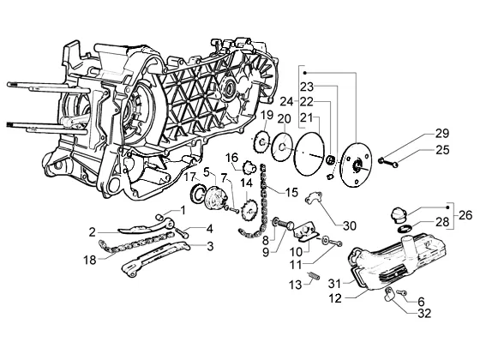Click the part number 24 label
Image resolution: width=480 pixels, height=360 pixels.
[286, 102]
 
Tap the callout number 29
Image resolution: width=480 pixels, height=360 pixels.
[442, 134]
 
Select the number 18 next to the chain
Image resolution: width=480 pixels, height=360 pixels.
[90, 261]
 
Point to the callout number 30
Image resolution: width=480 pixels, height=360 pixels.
[350, 226]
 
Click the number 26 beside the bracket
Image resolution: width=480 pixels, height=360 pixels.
[465, 215]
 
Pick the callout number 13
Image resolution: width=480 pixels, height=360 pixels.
[296, 285]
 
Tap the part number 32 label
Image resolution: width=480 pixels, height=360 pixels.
[424, 313]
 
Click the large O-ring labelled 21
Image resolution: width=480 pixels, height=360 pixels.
[309, 153]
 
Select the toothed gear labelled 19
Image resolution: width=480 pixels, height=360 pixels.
[261, 141]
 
